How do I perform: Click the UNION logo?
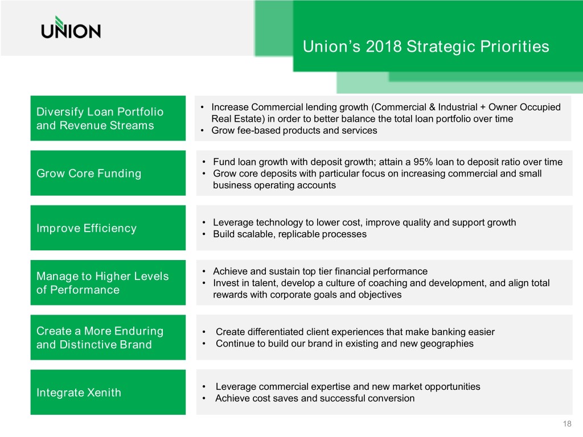(71, 27)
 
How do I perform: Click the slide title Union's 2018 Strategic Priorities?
(426, 47)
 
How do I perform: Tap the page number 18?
(567, 423)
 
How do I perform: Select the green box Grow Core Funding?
(108, 173)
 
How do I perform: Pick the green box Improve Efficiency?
(108, 228)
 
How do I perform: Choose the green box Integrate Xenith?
(108, 392)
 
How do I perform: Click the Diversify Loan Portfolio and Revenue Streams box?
(108, 118)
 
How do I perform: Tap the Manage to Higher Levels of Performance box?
(108, 282)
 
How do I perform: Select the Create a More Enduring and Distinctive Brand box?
(108, 337)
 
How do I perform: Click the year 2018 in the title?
(384, 47)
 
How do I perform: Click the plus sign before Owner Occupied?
(483, 108)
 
